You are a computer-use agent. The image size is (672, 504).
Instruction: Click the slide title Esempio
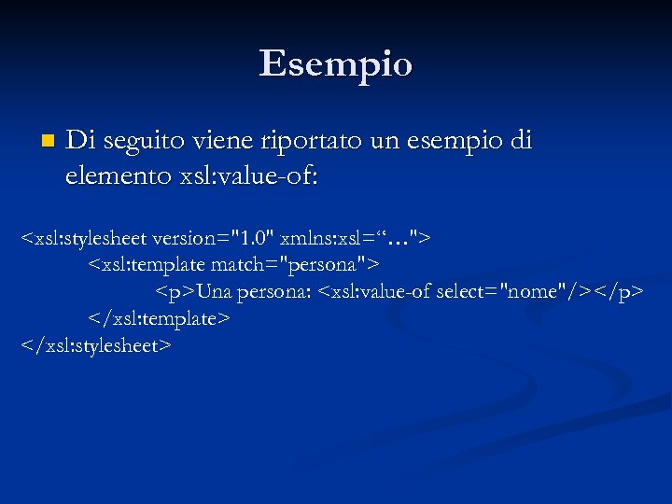click(x=335, y=63)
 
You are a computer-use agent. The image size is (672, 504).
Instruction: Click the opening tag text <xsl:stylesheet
click(x=83, y=239)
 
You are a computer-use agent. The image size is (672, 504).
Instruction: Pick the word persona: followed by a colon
click(x=274, y=293)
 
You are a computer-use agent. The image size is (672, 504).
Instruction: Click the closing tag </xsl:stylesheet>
click(x=97, y=346)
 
